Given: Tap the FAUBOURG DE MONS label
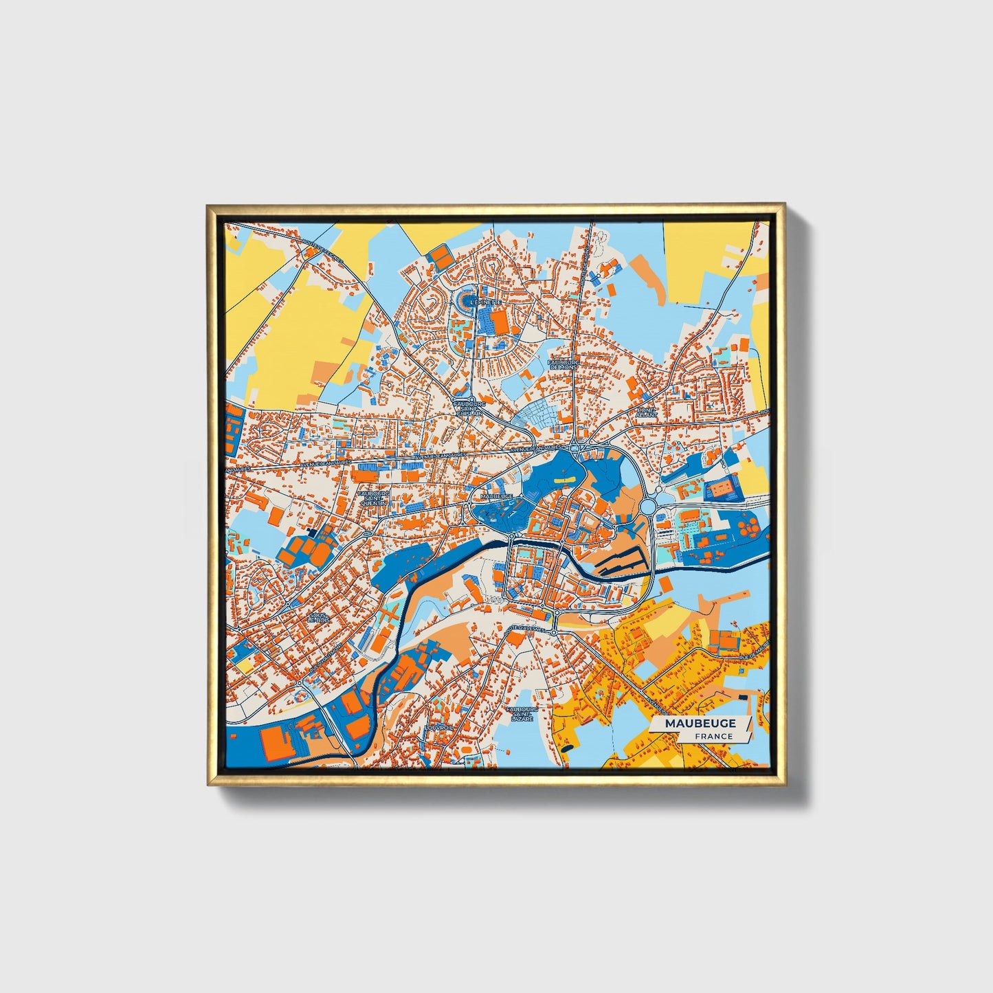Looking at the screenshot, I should pyautogui.click(x=564, y=364).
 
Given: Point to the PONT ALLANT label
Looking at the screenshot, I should pyautogui.click(x=647, y=412).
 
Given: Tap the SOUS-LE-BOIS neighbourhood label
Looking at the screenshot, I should pyautogui.click(x=319, y=617).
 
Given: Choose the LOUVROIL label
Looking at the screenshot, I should pyautogui.click(x=439, y=726).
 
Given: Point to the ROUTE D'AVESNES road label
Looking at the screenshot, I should pyautogui.click(x=524, y=628).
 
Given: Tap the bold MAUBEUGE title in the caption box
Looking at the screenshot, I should pyautogui.click(x=700, y=723).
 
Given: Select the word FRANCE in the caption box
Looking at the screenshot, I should pyautogui.click(x=713, y=736).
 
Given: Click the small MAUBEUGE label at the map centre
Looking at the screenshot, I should pyautogui.click(x=498, y=495).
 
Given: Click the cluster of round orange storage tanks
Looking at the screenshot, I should pyautogui.click(x=748, y=528).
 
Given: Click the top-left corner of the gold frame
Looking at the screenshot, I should pyautogui.click(x=209, y=206).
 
